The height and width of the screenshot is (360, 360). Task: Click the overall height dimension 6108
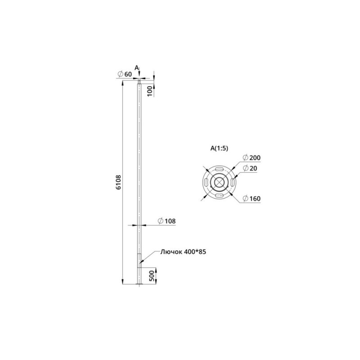coord(118,182)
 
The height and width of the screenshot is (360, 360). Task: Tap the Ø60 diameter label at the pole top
coord(125,74)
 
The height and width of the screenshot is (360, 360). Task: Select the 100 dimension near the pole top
coord(150,91)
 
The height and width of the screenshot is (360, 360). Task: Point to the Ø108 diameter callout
coord(166,221)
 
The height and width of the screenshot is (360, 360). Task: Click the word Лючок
coord(170,252)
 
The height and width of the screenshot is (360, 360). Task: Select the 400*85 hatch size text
coord(193,252)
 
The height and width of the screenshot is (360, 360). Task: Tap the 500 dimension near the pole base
coord(152,276)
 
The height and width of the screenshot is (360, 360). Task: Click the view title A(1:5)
coord(219,148)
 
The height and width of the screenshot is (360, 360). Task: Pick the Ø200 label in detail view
coord(252,158)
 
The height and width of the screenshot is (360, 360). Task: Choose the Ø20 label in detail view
coord(250,168)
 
